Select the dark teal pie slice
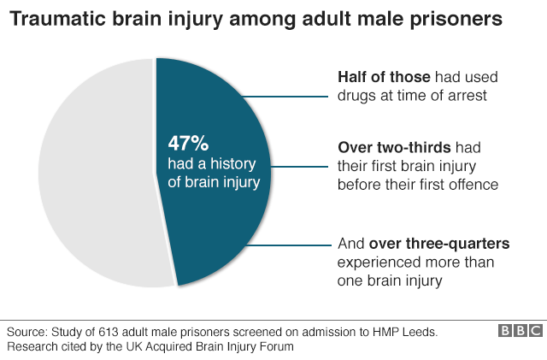pyautogui.click(x=231, y=222)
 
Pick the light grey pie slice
pyautogui.click(x=94, y=171)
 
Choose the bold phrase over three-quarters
pyautogui.click(x=427, y=244)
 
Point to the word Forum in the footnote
pyautogui.click(x=274, y=346)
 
